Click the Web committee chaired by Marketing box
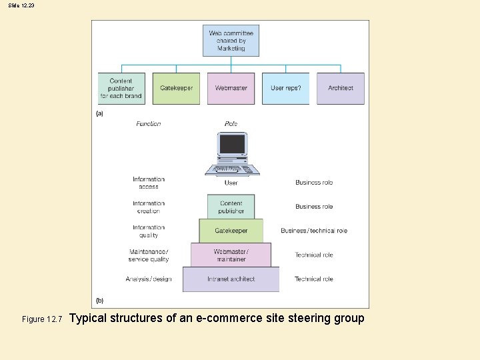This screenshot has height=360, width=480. pos(231,41)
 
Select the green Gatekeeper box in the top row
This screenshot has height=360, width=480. pos(176,88)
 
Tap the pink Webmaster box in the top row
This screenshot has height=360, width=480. pos(231,88)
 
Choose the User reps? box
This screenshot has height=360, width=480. pos(285,88)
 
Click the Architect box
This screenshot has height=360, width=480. pos(340,88)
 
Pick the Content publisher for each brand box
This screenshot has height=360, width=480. pos(121,88)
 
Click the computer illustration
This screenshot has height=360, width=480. pos(231,154)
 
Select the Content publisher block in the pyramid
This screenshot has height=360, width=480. pos(231,207)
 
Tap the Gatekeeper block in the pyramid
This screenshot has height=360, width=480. pos(231,231)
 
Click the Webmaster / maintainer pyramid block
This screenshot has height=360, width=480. pos(231,255)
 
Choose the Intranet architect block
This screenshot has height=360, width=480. pos(231,279)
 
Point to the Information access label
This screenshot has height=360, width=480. pos(149,183)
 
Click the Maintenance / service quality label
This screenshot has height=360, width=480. pos(149,255)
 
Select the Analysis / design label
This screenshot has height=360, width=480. pos(149,279)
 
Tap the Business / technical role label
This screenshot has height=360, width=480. pos(314,231)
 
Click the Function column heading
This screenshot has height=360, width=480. pos(149,124)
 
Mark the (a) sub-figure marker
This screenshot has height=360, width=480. pos(100,113)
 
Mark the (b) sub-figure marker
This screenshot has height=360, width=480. pos(100,301)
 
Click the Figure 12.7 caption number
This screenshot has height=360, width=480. pos(42,319)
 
